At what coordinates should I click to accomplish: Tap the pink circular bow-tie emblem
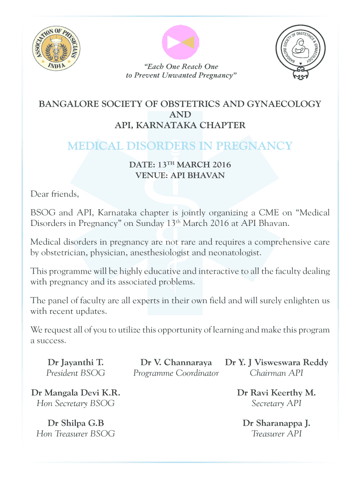[180, 42]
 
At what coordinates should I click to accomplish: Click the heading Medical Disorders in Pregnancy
[180, 146]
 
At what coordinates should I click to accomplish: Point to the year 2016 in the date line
[219, 165]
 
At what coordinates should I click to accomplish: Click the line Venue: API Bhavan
[180, 176]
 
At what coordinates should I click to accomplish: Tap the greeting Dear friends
[55, 194]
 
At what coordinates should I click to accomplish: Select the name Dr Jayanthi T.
[76, 363]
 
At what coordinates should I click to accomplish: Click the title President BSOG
[76, 373]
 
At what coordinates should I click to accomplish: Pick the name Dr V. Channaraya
[176, 363]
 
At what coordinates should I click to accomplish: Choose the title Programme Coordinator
[176, 373]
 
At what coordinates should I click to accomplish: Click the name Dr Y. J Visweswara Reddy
[276, 363]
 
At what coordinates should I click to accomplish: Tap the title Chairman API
[276, 373]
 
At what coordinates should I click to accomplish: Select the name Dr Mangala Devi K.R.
[76, 393]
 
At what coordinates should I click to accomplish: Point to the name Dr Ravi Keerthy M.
[276, 393]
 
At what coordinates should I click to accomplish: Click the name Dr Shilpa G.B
[76, 423]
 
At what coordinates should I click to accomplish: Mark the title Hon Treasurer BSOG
[76, 434]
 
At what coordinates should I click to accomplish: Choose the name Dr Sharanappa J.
[276, 423]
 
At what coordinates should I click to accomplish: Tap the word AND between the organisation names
[180, 115]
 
